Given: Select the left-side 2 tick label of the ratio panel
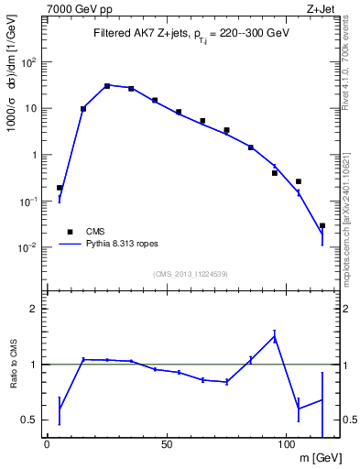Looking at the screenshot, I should click(34, 309).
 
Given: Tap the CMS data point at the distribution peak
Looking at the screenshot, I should click(107, 86).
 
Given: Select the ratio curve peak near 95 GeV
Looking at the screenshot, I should click(274, 336).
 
